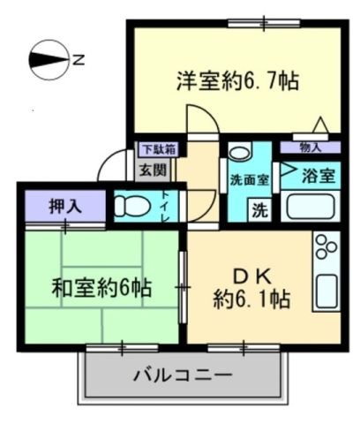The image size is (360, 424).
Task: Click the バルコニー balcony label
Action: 183,375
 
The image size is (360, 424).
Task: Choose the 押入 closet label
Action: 64,208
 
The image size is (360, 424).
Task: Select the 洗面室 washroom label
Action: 251,180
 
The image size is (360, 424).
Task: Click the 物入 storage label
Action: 311,148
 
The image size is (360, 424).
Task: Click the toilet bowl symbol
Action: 134,206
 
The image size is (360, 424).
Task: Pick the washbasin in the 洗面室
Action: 239,152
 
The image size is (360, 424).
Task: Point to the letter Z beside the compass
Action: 79,60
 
